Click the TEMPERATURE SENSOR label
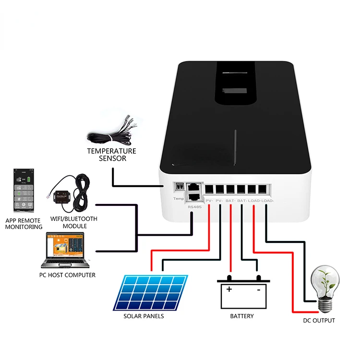tap(111, 155)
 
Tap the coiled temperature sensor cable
tap(111, 135)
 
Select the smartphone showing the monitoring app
tap(22, 191)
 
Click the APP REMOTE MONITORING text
tap(24, 224)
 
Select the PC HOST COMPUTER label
tap(67, 275)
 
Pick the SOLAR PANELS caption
tap(144, 316)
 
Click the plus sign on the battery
tap(229, 289)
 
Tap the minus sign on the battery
tap(259, 289)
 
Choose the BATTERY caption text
tap(242, 316)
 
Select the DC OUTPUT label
tap(319, 320)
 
